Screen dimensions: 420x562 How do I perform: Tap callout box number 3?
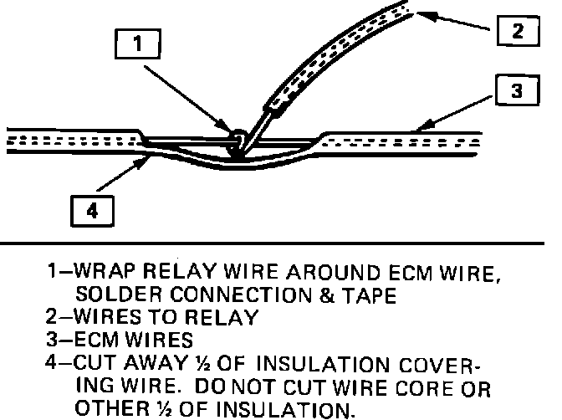[x=516, y=90]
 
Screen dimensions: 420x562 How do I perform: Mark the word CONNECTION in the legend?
[x=227, y=295]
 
